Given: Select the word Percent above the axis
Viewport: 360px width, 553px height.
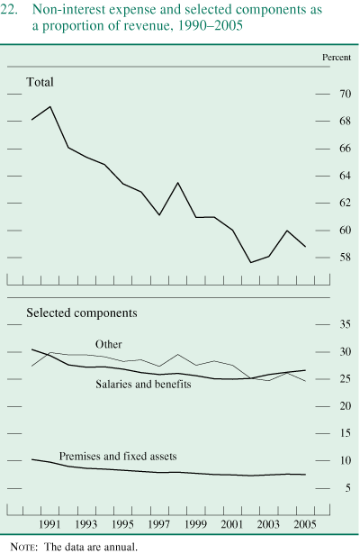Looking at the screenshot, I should coord(338,57).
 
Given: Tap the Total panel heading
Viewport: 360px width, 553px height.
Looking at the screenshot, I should coord(40,82).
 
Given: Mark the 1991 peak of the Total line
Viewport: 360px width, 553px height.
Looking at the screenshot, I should coord(49,106).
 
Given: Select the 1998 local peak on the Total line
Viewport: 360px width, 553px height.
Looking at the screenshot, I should coord(177,183).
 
